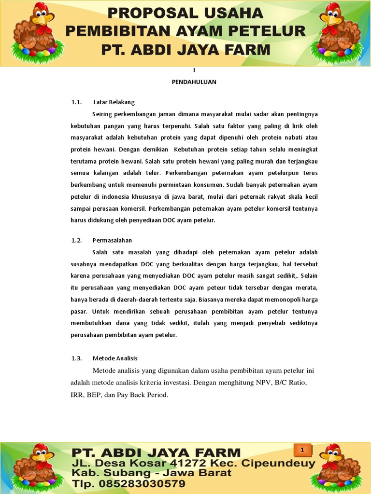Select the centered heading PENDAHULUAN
point(194,82)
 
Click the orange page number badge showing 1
point(302,451)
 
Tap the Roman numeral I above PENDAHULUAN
point(194,70)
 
